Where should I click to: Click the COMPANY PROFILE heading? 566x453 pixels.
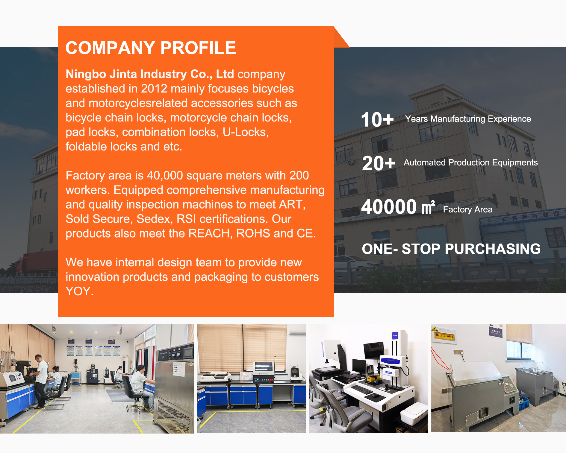151,48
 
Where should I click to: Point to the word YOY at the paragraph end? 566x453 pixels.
79,291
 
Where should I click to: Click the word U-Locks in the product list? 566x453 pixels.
246,132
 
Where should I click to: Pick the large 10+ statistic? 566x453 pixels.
377,120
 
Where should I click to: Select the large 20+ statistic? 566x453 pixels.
379,163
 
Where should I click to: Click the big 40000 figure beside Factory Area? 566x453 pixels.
389,206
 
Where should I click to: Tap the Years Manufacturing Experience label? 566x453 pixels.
468,119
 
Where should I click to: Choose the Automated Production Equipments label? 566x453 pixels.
470,162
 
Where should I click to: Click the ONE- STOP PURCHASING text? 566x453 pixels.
451,249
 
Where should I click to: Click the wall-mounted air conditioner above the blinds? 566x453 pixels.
297,330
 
